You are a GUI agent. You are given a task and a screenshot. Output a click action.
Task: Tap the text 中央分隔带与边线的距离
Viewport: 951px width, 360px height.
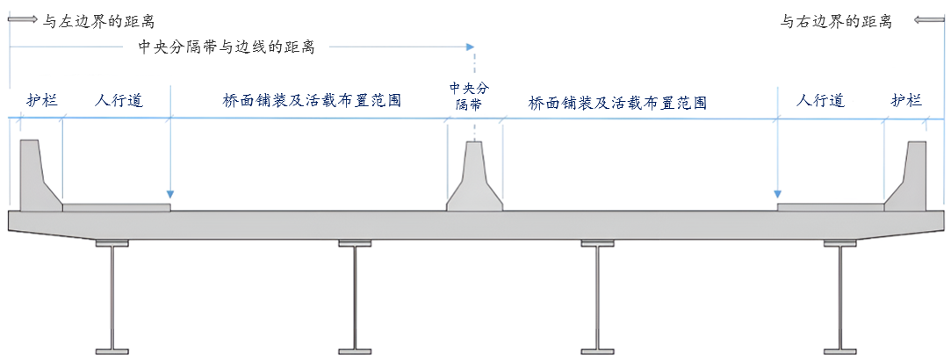(227, 47)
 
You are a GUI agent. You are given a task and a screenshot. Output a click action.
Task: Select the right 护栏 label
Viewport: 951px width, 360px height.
(906, 100)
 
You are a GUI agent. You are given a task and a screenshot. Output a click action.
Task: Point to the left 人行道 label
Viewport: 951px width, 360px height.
(119, 100)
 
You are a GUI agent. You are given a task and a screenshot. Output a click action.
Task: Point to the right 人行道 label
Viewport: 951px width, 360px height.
(820, 100)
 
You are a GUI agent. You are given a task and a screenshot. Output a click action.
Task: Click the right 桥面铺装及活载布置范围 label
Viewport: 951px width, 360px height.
(617, 103)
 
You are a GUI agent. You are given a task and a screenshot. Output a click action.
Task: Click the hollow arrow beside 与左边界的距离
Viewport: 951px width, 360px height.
(24, 19)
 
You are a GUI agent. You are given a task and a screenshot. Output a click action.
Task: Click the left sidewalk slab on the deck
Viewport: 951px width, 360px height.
(116, 207)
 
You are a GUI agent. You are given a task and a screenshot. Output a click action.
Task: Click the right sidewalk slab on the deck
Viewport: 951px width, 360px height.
(830, 207)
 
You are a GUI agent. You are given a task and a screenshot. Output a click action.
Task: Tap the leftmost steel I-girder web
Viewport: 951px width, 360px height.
(112, 299)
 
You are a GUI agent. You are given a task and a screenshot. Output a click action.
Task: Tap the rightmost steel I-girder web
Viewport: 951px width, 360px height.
(839, 299)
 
